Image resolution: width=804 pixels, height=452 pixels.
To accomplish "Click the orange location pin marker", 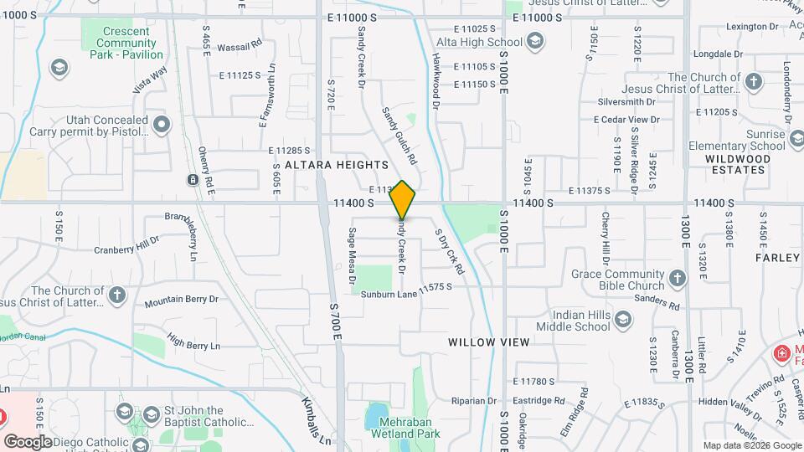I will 403,199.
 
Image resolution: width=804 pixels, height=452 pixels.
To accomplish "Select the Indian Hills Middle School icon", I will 622,320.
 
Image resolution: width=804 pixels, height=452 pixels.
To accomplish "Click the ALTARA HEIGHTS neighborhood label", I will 337,165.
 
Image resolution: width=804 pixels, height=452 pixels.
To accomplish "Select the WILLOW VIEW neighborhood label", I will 488,342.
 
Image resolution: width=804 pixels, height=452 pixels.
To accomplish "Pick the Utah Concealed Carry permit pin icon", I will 162,126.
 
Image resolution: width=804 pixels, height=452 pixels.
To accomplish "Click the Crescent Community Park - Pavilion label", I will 126,43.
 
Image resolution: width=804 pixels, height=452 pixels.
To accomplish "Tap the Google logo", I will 27,441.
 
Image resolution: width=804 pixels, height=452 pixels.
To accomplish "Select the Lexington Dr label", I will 746,27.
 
